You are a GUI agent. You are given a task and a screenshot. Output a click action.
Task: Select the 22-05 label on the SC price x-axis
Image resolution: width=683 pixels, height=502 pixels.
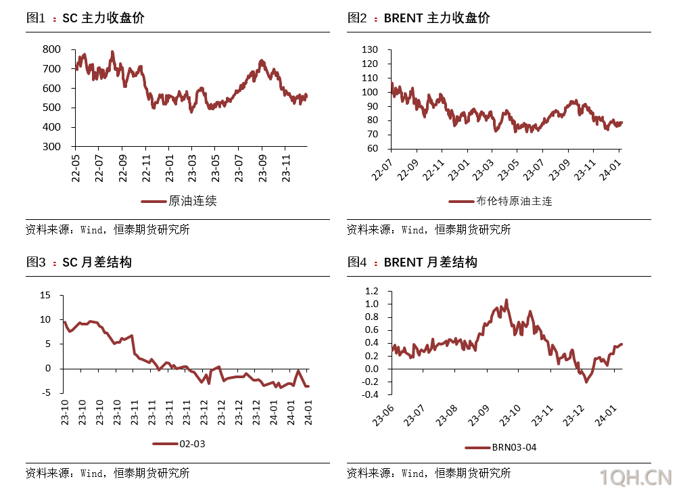[75, 166]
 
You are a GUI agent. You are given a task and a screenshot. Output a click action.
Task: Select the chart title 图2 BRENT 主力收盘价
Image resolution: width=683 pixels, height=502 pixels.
[419, 18]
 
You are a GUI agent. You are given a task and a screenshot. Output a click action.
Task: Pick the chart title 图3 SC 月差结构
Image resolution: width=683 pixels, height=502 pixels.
[78, 262]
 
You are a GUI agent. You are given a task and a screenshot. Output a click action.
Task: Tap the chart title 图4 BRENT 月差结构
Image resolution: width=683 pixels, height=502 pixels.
[413, 262]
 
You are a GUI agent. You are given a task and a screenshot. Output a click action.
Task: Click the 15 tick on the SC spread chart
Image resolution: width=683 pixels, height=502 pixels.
[45, 295]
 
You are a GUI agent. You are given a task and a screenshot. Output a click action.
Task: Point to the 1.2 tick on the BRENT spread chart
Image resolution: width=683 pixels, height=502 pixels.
[372, 291]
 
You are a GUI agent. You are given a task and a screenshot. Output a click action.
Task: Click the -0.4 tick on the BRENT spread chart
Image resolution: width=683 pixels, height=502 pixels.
[370, 394]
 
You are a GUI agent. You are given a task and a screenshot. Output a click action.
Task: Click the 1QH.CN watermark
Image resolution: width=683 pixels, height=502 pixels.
[636, 478]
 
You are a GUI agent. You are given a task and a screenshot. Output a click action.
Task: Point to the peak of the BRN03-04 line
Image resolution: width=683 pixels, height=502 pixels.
[507, 300]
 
